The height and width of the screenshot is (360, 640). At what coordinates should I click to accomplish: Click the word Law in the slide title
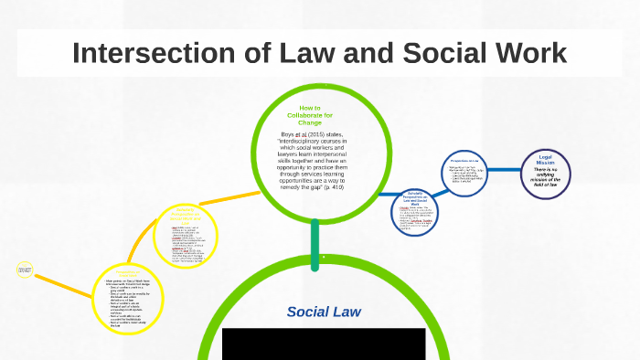pyautogui.click(x=292, y=53)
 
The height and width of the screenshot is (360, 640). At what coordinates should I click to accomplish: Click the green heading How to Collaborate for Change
pyautogui.click(x=315, y=116)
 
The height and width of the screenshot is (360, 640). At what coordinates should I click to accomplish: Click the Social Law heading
pyautogui.click(x=324, y=312)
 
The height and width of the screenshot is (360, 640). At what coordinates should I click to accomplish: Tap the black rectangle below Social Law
pyautogui.click(x=324, y=344)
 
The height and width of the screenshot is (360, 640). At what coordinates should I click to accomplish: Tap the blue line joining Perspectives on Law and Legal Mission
pyautogui.click(x=507, y=171)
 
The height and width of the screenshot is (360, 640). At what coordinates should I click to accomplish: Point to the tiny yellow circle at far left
pyautogui.click(x=25, y=270)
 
